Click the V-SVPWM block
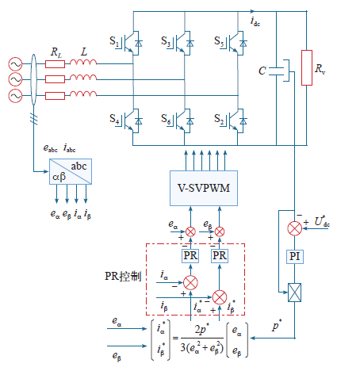[x=204, y=188]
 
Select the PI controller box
[x=295, y=256]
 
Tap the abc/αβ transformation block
[x=71, y=171]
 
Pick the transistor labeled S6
[x=184, y=121]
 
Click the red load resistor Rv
[x=307, y=67]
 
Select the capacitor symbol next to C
[x=276, y=71]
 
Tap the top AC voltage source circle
[x=15, y=64]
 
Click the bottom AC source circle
[x=15, y=96]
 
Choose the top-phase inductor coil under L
[x=83, y=62]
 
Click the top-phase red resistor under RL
[x=55, y=64]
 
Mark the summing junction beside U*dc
[x=294, y=228]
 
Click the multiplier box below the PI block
[x=294, y=293]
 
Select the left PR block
[x=190, y=256]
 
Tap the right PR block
[x=220, y=256]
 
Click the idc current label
[x=255, y=21]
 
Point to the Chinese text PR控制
[x=123, y=276]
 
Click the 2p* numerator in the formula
[x=202, y=329]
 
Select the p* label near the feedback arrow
[x=277, y=325]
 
